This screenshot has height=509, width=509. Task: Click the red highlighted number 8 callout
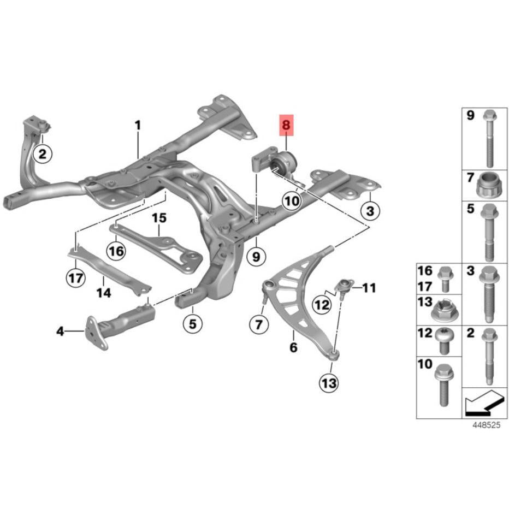pos(286,125)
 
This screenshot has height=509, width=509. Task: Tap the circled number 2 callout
pos(43,153)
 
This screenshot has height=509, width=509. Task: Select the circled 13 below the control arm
pos(329,383)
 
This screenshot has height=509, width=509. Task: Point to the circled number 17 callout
pos(76,278)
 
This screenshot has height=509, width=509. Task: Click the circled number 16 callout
pos(116,251)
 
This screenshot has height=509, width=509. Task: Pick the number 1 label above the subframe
pos(138,125)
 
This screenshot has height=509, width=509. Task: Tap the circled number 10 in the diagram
pos(291,201)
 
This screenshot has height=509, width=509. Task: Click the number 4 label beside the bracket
pos(61,332)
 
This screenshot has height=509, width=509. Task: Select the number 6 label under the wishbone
pos(293,347)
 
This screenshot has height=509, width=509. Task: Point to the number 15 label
pos(159,218)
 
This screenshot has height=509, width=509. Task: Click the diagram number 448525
pos(486,425)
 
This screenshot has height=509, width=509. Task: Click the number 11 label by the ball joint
pos(369,288)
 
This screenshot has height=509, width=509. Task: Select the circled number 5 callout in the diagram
pos(193,323)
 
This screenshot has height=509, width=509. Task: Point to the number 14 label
pos(104,293)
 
